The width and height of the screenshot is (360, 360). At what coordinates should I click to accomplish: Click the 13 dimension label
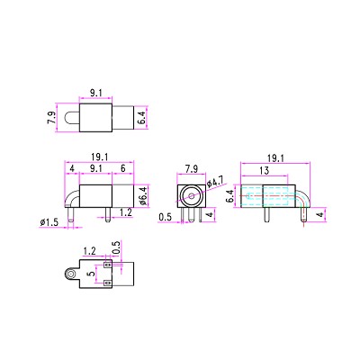[x=265, y=171]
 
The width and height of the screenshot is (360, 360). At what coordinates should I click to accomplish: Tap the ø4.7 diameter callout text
[x=215, y=182]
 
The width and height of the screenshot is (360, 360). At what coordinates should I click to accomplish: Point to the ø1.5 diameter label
[x=49, y=222]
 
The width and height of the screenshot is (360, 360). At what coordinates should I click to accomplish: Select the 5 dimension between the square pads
[x=91, y=273]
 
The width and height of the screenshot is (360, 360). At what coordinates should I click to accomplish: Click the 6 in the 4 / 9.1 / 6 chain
[x=123, y=168]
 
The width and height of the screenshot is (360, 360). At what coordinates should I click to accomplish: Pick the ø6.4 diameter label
[x=144, y=195]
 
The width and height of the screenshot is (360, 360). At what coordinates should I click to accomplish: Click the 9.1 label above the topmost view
[x=96, y=93]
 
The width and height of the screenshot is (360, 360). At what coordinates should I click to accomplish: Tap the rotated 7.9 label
[x=51, y=118]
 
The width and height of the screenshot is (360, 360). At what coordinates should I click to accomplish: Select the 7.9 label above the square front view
[x=192, y=169]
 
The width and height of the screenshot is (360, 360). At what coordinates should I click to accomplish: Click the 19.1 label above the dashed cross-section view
[x=275, y=158]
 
